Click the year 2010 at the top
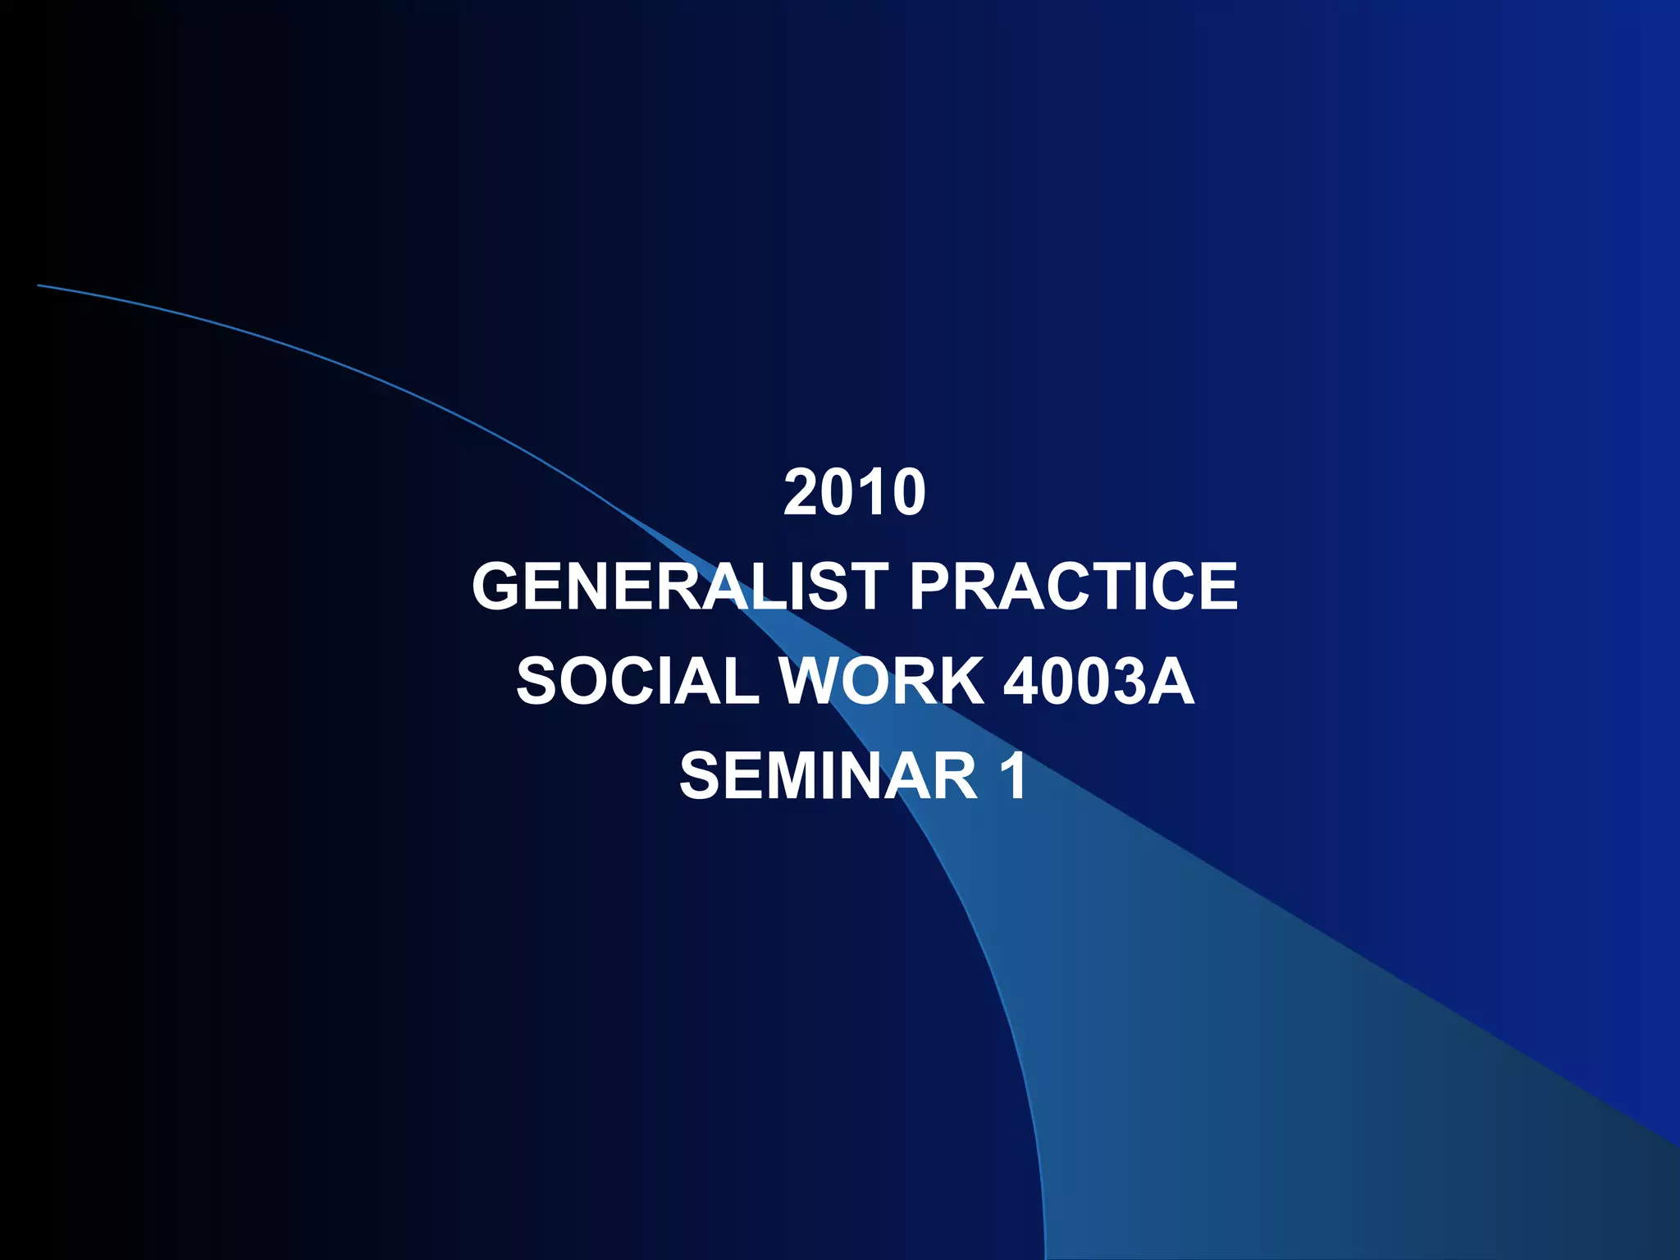tap(855, 493)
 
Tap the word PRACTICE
tap(1073, 587)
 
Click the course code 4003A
tap(1098, 682)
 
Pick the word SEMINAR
tap(829, 776)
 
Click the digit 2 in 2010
tap(801, 493)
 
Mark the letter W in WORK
tap(814, 682)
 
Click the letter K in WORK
tap(958, 682)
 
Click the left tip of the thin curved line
tap(39, 285)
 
